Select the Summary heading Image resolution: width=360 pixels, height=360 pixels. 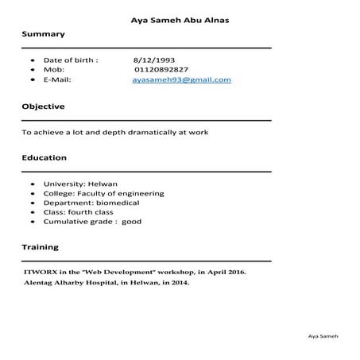(x=43, y=35)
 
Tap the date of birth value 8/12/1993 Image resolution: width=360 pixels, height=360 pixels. (x=154, y=60)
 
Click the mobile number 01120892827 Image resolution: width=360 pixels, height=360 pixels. (x=161, y=70)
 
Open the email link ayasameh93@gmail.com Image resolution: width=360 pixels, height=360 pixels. (x=181, y=80)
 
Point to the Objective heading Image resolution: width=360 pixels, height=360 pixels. (x=43, y=106)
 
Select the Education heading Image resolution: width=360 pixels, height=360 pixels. (x=44, y=158)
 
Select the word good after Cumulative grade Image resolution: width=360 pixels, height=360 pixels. (x=132, y=222)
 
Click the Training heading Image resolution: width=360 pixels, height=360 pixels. (x=40, y=248)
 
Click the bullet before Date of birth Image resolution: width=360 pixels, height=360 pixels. (x=32, y=60)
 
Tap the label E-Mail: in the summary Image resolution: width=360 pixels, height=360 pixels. (x=57, y=80)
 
